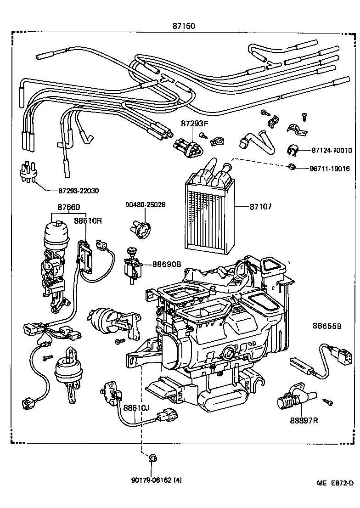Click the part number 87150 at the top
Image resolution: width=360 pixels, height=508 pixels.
click(184, 26)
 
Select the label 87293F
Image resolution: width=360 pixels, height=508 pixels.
click(194, 124)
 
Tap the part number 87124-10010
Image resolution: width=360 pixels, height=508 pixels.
click(331, 150)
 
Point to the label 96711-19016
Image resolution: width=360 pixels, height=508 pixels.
click(329, 169)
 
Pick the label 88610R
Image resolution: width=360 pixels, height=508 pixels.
click(88, 220)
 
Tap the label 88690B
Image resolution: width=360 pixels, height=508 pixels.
click(167, 265)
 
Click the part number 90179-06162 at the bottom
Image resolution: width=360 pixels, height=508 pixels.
click(157, 481)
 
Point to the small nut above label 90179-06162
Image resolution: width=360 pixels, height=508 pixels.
click(153, 457)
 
